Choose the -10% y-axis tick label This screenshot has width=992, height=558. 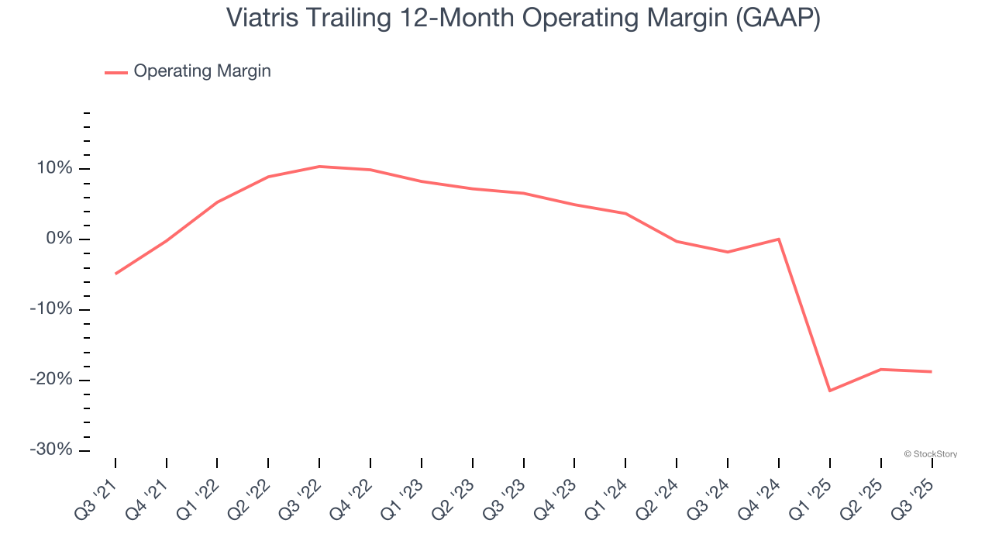tap(50, 309)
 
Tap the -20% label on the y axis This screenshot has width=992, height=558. tap(50, 380)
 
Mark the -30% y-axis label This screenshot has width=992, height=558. tap(50, 450)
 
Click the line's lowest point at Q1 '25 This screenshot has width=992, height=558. tap(829, 391)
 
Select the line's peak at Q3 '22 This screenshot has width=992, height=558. tap(319, 167)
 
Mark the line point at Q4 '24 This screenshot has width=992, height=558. tap(778, 239)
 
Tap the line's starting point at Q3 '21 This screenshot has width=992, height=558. tap(115, 274)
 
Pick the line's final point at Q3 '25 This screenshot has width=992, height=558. tap(931, 372)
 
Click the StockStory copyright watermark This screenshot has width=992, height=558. tap(930, 454)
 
